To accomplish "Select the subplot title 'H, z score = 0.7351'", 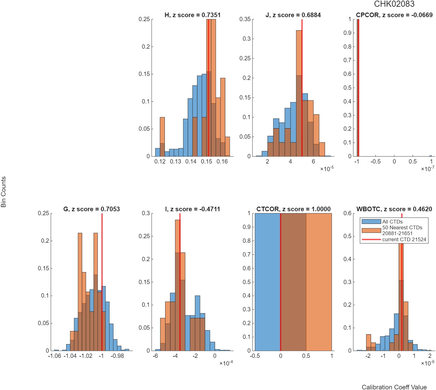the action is pos(192,15).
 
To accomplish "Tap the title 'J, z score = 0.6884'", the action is pos(293,15).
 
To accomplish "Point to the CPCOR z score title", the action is pos(394,15).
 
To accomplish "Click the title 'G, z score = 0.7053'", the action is pos(92,209).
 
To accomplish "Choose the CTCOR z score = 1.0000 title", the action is pos(293,209).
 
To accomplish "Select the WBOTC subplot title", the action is pos(394,209).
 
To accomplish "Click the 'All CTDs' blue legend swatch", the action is pos(371,221).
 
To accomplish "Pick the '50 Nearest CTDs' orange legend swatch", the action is pos(371,231).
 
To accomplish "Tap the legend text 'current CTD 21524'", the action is pos(404,239).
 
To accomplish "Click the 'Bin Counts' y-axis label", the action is pos(3,192).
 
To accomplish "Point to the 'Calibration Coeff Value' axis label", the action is pos(394,387).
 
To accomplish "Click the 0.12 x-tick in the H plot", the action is pos(160,161).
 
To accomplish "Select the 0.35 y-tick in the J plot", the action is pos(245,19).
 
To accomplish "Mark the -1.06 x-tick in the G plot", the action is pos(55,356).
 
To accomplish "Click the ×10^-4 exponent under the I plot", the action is pos(226,363).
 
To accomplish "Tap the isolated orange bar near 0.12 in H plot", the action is pos(162,137).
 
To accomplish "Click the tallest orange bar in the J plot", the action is pos(299,93).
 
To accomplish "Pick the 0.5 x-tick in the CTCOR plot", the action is pos(306,356).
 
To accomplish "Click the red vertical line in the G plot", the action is pos(102,282).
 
